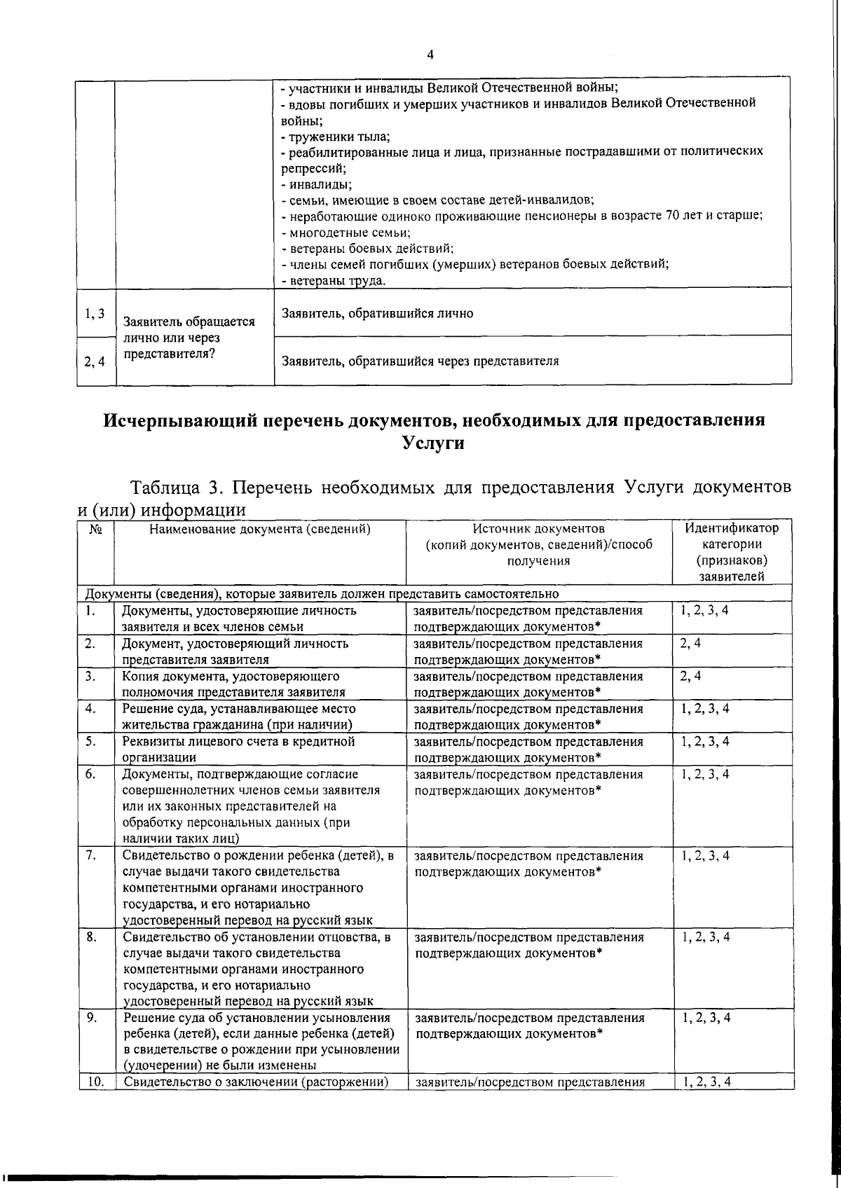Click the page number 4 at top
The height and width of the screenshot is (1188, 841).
click(x=430, y=55)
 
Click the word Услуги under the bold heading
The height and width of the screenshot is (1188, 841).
click(x=434, y=443)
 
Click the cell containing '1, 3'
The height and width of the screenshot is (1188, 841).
click(x=95, y=314)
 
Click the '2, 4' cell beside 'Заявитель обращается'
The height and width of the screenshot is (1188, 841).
click(x=95, y=362)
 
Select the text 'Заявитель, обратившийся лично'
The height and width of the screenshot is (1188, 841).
click(x=377, y=314)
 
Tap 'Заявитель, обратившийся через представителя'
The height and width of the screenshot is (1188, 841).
click(x=420, y=361)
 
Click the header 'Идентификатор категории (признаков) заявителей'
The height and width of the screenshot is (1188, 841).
click(x=732, y=552)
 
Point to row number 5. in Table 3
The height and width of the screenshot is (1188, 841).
click(x=91, y=740)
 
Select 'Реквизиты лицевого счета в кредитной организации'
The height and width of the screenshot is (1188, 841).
click(x=238, y=749)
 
